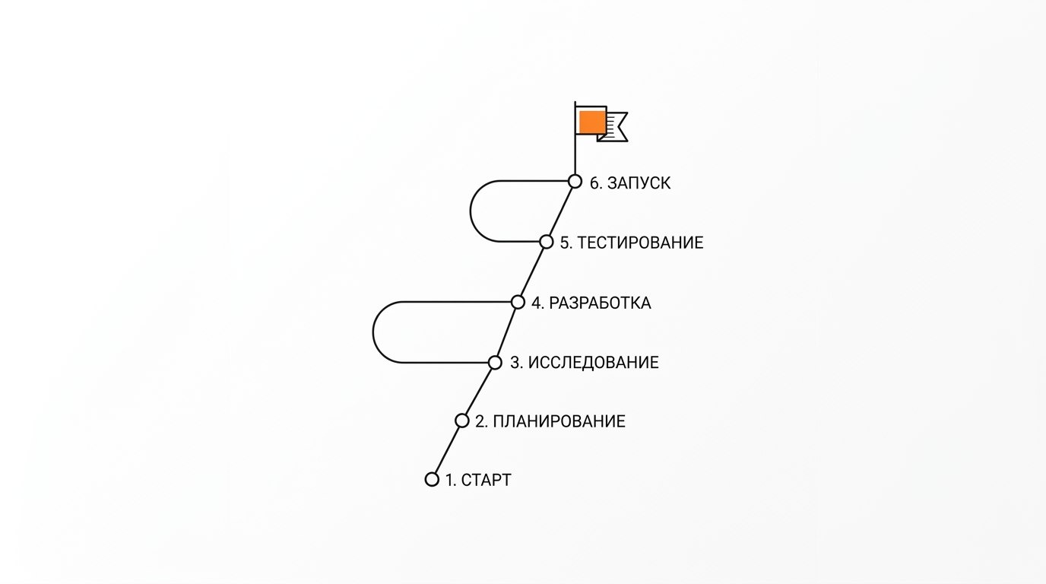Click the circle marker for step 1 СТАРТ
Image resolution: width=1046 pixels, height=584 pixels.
pos(432,479)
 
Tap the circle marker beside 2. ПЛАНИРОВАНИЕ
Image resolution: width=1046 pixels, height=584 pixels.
pos(462,421)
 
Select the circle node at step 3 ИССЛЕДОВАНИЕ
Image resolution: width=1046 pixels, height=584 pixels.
pos(495,362)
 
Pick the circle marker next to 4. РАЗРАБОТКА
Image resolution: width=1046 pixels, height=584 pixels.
pos(518,302)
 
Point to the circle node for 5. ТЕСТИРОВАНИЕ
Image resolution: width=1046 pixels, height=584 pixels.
pos(547,242)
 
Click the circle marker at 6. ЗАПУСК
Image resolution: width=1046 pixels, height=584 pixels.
pos(575,181)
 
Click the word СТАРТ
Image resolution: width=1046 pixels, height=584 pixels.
pos(486,481)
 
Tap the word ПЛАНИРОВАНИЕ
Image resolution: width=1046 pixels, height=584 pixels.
pos(559,421)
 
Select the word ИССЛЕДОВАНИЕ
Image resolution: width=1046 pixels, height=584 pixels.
pos(593,363)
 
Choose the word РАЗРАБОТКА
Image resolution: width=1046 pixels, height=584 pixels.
pos(600,303)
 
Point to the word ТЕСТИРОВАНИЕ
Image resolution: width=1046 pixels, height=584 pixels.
pos(640,243)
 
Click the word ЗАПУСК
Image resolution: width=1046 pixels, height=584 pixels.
pos(639,183)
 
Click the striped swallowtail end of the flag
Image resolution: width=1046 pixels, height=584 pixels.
pos(616,127)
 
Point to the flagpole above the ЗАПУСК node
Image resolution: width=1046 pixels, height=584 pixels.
pos(575,138)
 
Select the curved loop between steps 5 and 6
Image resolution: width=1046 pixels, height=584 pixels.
pos(471,211)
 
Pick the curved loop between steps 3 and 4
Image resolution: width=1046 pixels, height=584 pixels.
pos(373,332)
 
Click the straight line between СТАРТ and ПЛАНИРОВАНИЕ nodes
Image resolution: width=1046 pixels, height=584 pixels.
pos(447,450)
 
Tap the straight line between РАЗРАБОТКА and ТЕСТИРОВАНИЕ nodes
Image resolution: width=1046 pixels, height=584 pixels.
pos(532,272)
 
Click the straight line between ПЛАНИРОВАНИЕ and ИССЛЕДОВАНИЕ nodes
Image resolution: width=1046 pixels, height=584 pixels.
pos(479,392)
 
